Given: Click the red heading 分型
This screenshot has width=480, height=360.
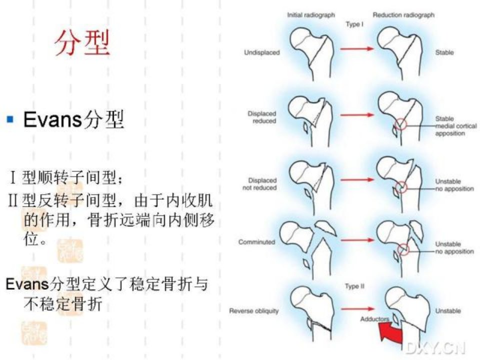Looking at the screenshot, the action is click(82, 43).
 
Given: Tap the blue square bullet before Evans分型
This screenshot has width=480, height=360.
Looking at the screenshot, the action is click(10, 119).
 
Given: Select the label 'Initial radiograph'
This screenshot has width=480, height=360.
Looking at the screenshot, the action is click(310, 15).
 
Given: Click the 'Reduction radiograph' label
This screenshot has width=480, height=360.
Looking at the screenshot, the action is click(403, 15).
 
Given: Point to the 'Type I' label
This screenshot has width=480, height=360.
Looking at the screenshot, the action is click(354, 24).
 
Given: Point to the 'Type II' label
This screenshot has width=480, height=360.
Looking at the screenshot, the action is click(354, 286).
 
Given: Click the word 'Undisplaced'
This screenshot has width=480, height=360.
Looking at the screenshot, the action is click(261, 52).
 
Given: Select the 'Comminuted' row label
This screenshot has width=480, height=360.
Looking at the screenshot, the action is click(256, 242).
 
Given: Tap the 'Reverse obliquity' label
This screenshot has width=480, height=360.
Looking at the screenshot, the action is click(254, 311).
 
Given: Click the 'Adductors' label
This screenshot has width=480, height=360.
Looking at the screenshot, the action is click(374, 319).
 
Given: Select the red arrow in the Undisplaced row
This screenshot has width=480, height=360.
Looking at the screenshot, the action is click(357, 48).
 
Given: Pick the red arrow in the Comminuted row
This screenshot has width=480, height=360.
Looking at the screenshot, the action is click(357, 240).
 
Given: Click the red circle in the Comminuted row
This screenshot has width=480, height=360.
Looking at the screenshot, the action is click(404, 249).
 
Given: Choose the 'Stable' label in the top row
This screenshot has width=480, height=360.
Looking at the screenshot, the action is click(444, 52).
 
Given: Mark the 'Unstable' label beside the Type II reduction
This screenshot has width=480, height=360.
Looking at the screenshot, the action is click(448, 310).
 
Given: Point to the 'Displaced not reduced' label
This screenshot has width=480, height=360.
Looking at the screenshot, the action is click(260, 184).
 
